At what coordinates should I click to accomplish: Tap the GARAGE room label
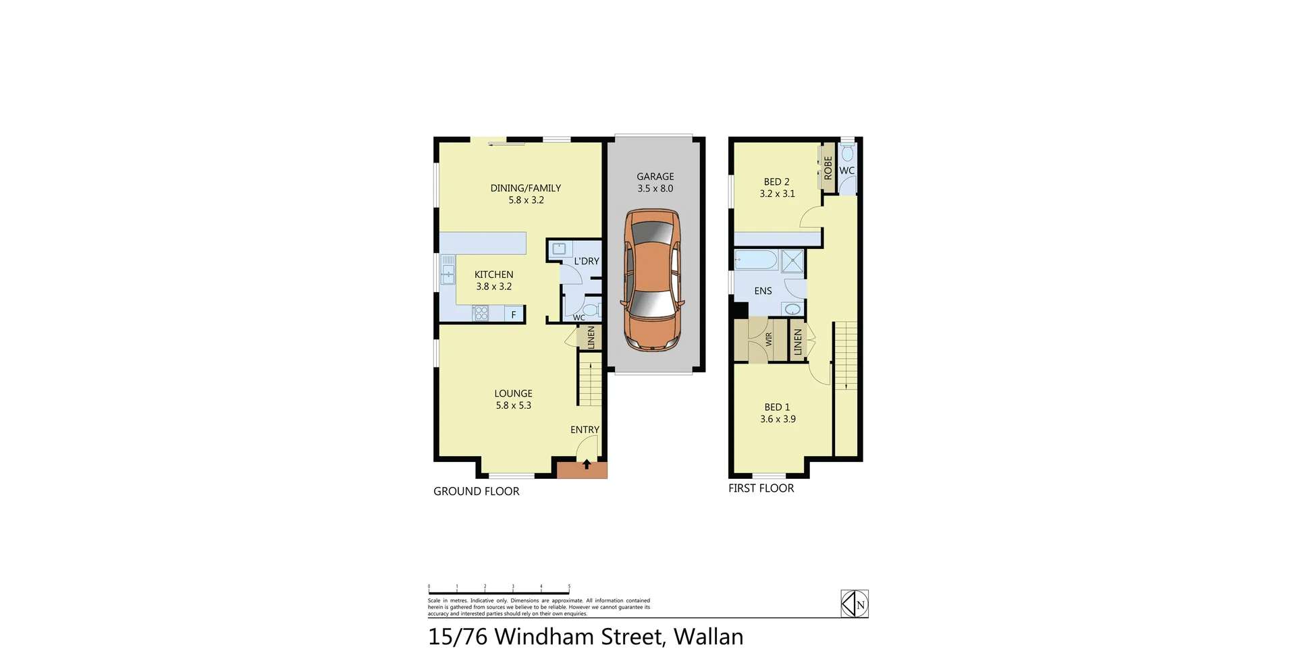(x=655, y=177)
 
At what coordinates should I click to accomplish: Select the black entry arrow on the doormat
(x=587, y=464)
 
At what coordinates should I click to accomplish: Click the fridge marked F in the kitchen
(x=514, y=314)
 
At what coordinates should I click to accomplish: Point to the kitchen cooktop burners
(x=481, y=313)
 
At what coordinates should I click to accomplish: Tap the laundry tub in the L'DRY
(x=558, y=249)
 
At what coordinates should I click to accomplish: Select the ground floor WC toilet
(x=591, y=310)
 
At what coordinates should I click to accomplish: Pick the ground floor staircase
(x=590, y=382)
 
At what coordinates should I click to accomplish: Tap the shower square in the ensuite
(x=793, y=260)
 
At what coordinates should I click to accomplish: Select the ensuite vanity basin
(x=792, y=310)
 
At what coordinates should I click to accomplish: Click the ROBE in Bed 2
(x=828, y=167)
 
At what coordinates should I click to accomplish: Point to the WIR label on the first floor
(x=769, y=339)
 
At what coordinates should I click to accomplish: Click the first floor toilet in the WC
(x=847, y=153)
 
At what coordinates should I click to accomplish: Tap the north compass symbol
(x=855, y=604)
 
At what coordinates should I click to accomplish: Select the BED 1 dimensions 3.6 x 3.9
(x=778, y=419)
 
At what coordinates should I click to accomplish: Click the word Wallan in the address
(x=708, y=636)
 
